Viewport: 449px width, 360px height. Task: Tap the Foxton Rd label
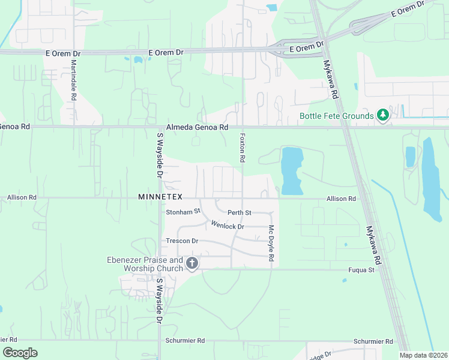(243, 148)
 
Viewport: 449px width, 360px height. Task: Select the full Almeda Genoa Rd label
(197, 127)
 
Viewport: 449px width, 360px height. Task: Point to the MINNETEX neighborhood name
(160, 197)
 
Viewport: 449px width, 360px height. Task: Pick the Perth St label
(239, 213)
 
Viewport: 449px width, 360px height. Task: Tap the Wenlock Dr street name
(228, 226)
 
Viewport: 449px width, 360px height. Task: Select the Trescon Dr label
(182, 241)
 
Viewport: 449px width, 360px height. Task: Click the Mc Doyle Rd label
(271, 243)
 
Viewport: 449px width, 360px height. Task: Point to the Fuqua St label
(361, 270)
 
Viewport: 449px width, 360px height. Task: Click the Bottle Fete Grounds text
(336, 116)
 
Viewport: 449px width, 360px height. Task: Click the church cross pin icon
(192, 263)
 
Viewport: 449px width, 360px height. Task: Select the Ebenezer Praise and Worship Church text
(145, 264)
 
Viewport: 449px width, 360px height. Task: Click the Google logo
(20, 353)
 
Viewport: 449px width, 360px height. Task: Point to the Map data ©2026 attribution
(423, 355)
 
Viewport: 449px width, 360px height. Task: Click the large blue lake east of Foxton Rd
(292, 172)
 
